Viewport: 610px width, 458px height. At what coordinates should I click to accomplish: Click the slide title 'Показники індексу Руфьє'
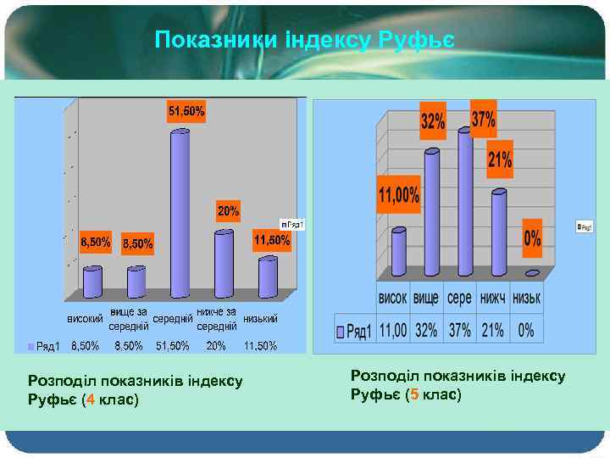(305, 39)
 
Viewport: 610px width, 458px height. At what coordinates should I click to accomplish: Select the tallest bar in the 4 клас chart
(180, 212)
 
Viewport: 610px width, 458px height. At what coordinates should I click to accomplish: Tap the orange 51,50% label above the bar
(186, 112)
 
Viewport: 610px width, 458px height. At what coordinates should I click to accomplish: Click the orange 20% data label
(228, 209)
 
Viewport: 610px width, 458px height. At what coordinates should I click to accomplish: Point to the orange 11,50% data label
(272, 241)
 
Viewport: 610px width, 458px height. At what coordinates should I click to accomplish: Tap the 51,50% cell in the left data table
(172, 346)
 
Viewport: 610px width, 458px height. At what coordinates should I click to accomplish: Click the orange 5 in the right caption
(412, 394)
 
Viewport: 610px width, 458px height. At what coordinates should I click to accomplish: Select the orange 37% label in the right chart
(483, 120)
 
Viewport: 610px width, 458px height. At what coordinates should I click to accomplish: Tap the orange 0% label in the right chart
(532, 240)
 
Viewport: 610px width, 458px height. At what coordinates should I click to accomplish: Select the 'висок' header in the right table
(393, 300)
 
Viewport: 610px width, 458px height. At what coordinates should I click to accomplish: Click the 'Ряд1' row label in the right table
(355, 330)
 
